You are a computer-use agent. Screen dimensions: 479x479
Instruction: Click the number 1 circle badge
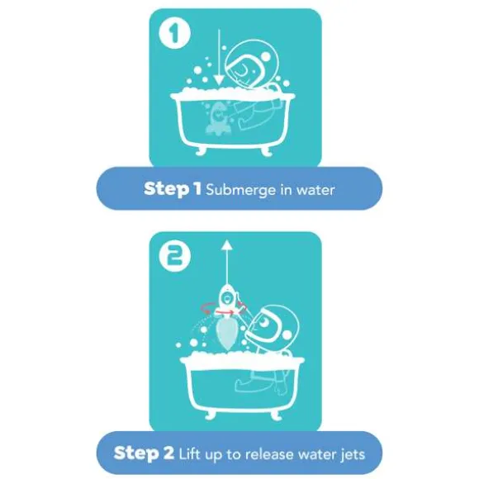[175, 33]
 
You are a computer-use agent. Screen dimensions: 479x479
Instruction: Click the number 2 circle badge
[175, 256]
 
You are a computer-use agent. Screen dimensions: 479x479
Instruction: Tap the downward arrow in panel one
[219, 57]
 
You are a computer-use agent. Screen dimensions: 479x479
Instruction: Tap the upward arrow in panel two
[226, 262]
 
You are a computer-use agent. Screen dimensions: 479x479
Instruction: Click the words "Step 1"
[173, 189]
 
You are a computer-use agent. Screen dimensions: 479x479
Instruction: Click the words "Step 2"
[144, 453]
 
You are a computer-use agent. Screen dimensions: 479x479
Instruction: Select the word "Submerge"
[240, 190]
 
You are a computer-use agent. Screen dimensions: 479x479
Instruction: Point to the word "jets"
[353, 455]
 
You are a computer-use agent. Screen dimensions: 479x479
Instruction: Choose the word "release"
[269, 454]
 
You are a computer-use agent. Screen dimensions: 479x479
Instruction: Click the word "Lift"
[190, 453]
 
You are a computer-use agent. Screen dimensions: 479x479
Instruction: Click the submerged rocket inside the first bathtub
[217, 119]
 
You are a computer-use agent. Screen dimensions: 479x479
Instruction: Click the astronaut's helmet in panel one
[252, 64]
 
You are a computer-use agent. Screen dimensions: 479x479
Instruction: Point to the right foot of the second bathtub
[276, 415]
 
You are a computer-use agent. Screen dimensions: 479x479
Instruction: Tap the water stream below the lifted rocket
[226, 334]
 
